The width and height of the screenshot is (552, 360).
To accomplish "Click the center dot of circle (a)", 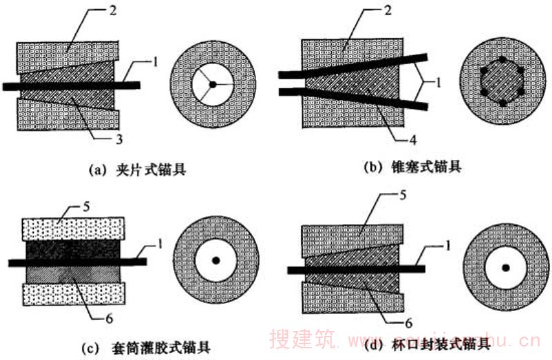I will point(213,83).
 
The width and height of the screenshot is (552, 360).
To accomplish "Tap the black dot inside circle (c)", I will point(216,261).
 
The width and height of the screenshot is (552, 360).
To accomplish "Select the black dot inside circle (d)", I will point(506,267).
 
